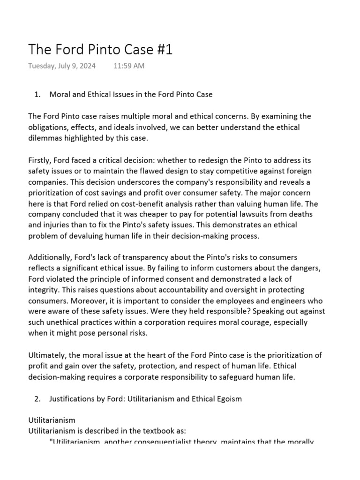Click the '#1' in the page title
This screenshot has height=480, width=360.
point(162,50)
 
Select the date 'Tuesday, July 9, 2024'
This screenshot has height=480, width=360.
point(62,66)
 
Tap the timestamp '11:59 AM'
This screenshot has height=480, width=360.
point(129,66)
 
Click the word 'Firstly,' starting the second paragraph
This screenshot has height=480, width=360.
point(41,160)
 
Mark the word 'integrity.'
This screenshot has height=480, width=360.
point(44,290)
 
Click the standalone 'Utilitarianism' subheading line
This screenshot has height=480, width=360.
point(52,420)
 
